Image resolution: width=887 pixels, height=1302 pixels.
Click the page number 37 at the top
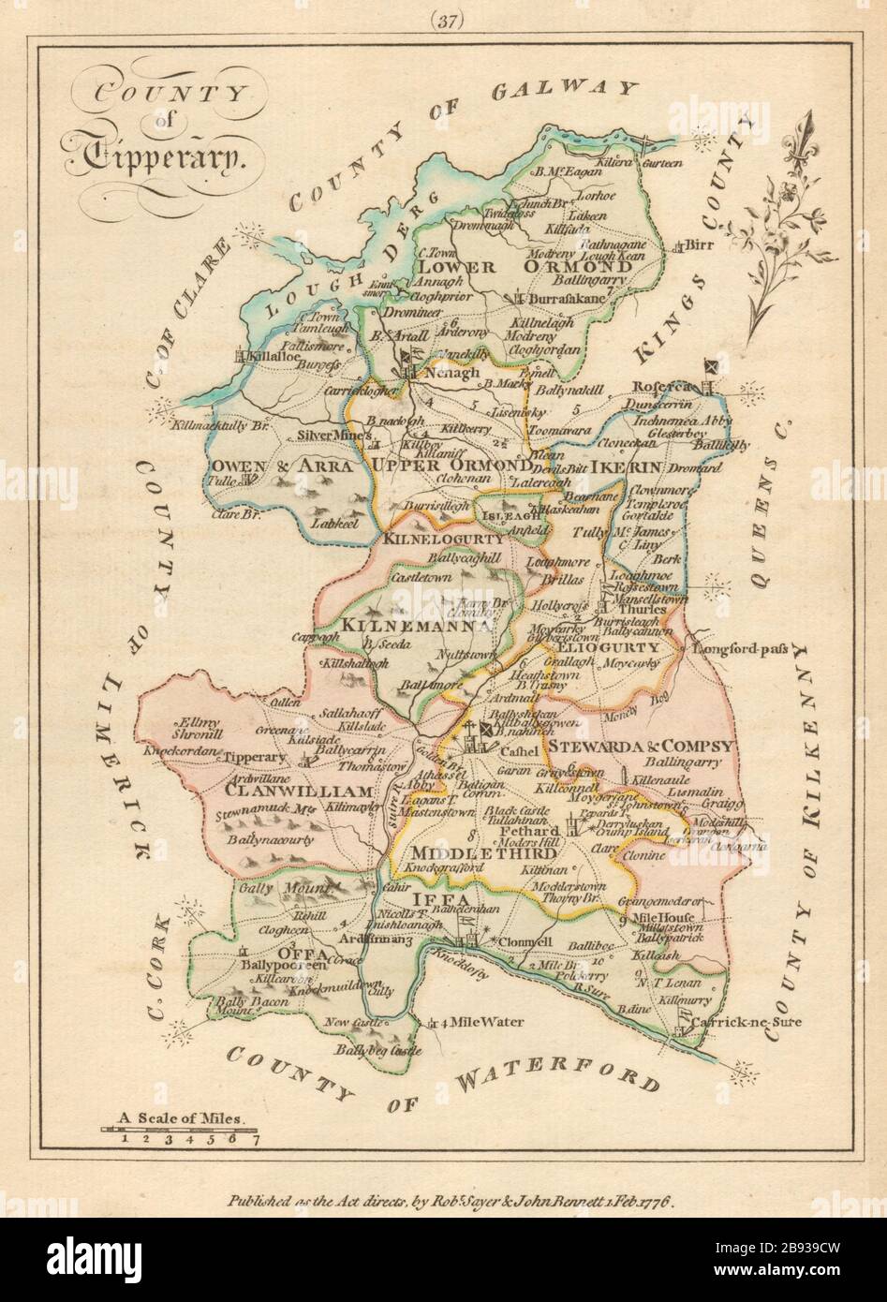[x=444, y=20]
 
